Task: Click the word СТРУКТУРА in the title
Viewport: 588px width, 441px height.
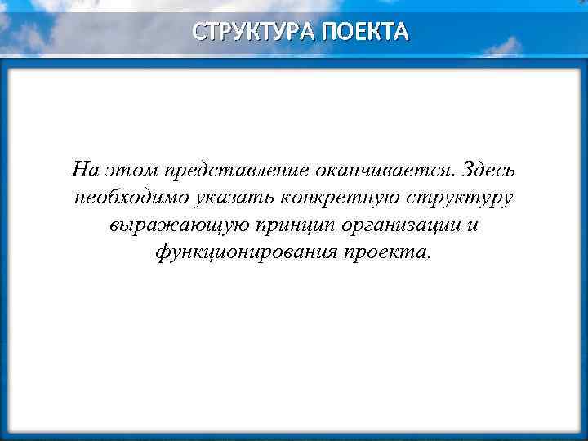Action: pyautogui.click(x=253, y=32)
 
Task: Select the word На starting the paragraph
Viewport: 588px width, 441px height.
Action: pyautogui.click(x=84, y=170)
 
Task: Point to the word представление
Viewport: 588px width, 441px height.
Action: pyautogui.click(x=235, y=170)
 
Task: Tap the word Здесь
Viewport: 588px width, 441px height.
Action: pyautogui.click(x=488, y=170)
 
